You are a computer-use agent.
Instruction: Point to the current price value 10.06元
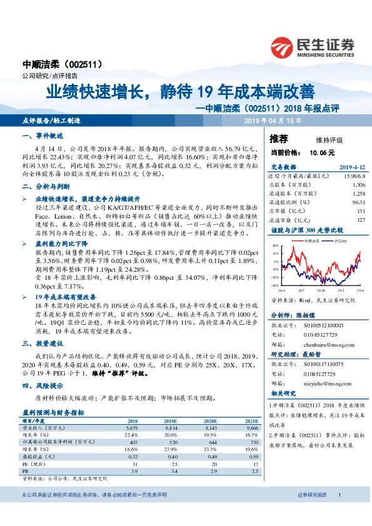[x=322, y=152]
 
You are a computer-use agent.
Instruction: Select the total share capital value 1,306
[x=358, y=185]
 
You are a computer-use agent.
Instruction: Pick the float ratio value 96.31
[x=358, y=202]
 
